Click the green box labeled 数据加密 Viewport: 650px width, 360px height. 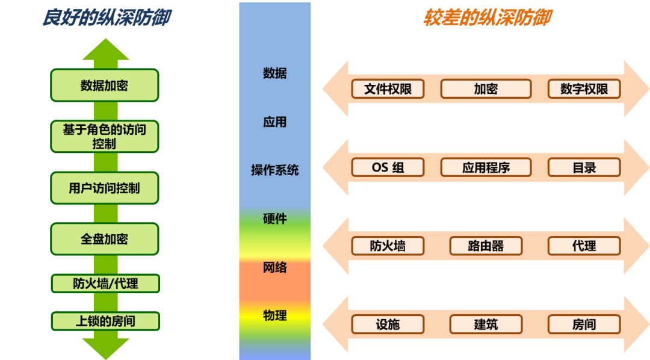[105, 85]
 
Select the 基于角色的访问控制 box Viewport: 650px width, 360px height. [105, 136]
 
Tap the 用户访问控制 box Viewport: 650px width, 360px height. [105, 188]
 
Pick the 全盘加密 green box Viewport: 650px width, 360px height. [105, 239]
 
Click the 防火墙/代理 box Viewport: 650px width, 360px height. [105, 283]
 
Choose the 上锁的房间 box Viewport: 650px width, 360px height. [105, 321]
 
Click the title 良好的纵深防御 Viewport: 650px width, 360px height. [107, 18]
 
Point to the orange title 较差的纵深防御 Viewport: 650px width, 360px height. [487, 18]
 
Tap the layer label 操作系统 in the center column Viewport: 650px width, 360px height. [275, 170]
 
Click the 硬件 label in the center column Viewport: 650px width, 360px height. [275, 219]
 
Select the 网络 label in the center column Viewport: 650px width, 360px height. [275, 267]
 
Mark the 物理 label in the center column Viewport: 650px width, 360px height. [275, 315]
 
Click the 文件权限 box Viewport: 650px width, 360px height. [388, 89]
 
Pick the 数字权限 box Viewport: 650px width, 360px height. [584, 89]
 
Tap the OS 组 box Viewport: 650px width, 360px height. [388, 167]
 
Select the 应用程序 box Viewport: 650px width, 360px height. [486, 167]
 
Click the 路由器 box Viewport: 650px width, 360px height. [486, 246]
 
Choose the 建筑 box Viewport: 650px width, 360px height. [486, 324]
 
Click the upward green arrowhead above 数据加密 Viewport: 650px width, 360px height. [106, 51]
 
